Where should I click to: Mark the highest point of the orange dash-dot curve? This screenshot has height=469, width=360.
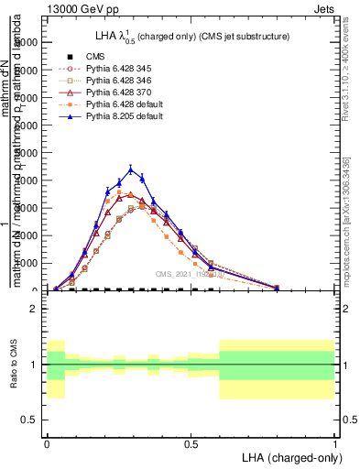(x=119, y=191)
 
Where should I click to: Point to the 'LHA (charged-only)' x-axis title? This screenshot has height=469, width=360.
(x=290, y=456)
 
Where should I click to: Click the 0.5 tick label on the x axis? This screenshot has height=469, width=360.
(x=191, y=442)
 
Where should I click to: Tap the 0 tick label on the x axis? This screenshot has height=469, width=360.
(x=47, y=442)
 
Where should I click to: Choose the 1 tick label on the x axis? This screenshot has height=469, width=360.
(x=334, y=442)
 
